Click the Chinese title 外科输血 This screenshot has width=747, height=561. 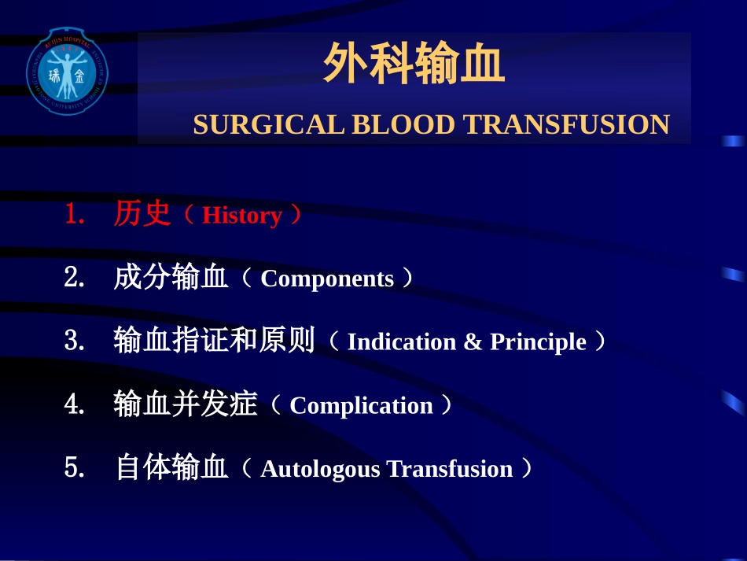[414, 64]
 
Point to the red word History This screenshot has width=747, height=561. [241, 216]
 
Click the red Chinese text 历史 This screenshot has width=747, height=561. [142, 214]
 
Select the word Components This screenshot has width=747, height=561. [326, 279]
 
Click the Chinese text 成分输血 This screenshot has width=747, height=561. [171, 278]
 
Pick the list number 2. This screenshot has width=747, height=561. [73, 278]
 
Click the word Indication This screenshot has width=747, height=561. [401, 342]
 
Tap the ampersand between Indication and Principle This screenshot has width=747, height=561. [473, 342]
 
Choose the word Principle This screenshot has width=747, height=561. [538, 342]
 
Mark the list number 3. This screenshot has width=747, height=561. [73, 341]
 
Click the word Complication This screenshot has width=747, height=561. [361, 406]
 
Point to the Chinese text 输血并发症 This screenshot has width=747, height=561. [185, 404]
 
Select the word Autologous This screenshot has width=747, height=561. [319, 469]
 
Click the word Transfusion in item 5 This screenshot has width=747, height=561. [449, 469]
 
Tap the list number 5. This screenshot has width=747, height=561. [73, 468]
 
